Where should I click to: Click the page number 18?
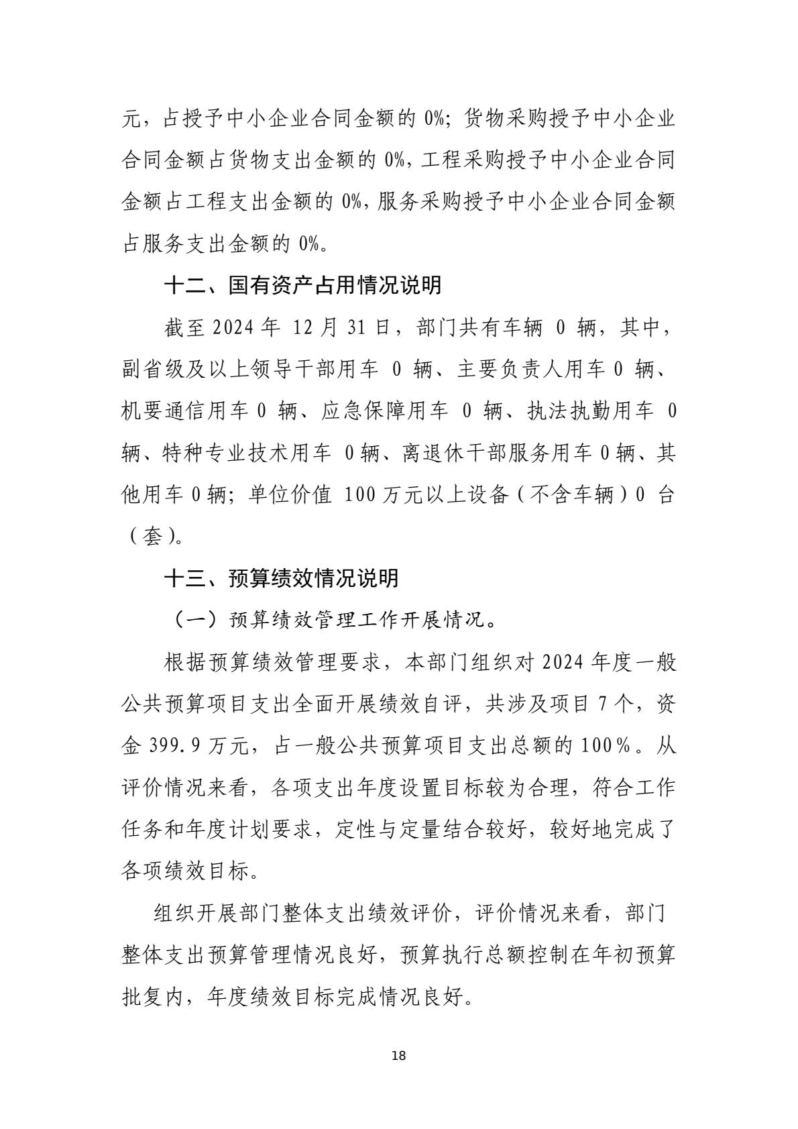point(398,1056)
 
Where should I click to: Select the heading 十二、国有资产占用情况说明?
point(302,285)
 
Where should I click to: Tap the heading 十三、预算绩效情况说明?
point(281,578)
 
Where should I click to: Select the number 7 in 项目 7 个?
point(601,704)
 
